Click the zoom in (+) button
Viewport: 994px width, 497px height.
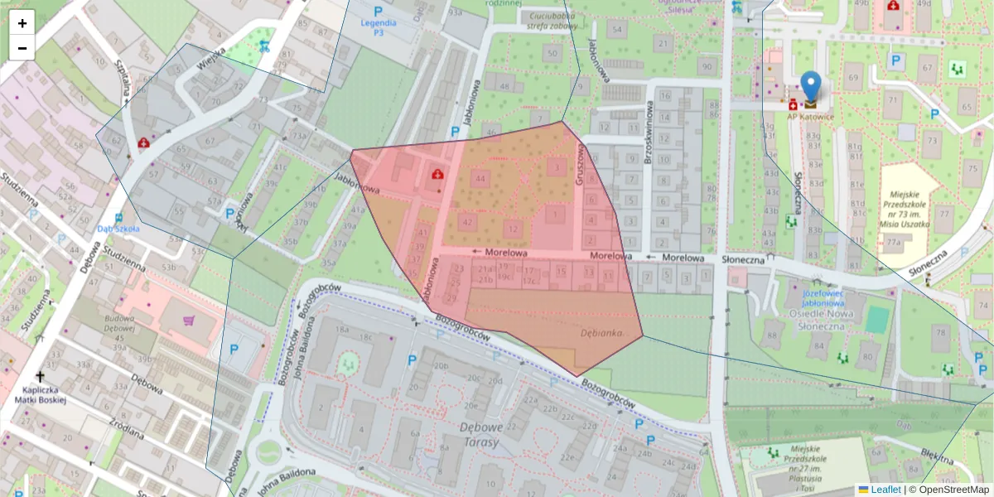click(22, 23)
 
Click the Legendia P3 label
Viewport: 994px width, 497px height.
click(378, 27)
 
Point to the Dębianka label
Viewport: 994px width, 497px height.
click(601, 332)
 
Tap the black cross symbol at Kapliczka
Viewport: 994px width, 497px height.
click(40, 377)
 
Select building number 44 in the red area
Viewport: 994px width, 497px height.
click(480, 178)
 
